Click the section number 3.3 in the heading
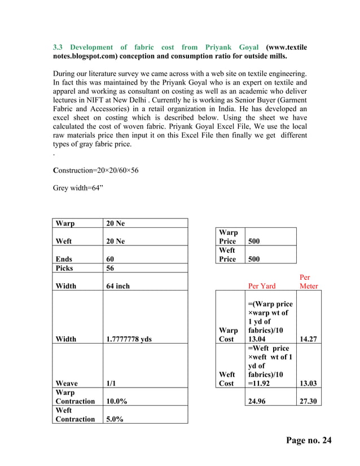coord(58,47)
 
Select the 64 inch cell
coord(118,286)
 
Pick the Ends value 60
coord(111,260)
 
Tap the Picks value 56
coord(111,269)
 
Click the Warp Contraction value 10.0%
coord(117,401)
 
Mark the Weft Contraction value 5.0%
coord(115,419)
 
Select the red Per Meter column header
coord(309,282)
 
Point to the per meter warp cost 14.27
coord(308,340)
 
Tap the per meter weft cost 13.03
coord(308,383)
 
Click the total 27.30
coord(308,401)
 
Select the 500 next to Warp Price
coord(255,241)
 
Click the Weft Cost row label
coord(227,379)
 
